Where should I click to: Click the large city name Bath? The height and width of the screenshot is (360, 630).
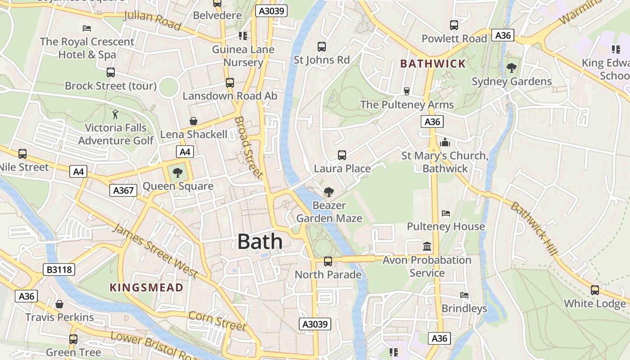(260, 242)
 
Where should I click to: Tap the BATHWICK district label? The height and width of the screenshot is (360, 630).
(432, 63)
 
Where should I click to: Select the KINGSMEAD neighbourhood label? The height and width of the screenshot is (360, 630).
(147, 288)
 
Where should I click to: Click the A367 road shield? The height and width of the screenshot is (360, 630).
(123, 190)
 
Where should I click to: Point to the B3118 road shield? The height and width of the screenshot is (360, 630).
(59, 270)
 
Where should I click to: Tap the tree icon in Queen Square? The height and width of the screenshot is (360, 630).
(178, 172)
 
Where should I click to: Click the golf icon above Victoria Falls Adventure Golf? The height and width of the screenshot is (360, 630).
(116, 114)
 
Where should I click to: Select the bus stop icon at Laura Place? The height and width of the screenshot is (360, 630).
(342, 155)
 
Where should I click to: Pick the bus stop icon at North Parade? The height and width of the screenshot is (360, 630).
(328, 261)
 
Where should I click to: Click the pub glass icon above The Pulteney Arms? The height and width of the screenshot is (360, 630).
(407, 91)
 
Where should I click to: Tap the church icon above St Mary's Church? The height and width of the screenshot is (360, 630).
(445, 143)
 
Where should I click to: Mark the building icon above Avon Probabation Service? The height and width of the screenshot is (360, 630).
(427, 247)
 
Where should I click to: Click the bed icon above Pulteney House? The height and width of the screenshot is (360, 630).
(446, 213)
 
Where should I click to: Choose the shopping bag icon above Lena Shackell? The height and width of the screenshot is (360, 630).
(193, 121)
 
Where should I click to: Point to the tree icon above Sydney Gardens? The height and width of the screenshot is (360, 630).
(511, 68)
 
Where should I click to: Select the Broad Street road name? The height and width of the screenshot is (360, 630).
(248, 147)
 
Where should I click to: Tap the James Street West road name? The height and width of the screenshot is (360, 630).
(155, 250)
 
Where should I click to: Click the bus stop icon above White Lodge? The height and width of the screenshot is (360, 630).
(595, 290)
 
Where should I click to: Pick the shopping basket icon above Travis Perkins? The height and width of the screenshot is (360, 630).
(59, 304)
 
